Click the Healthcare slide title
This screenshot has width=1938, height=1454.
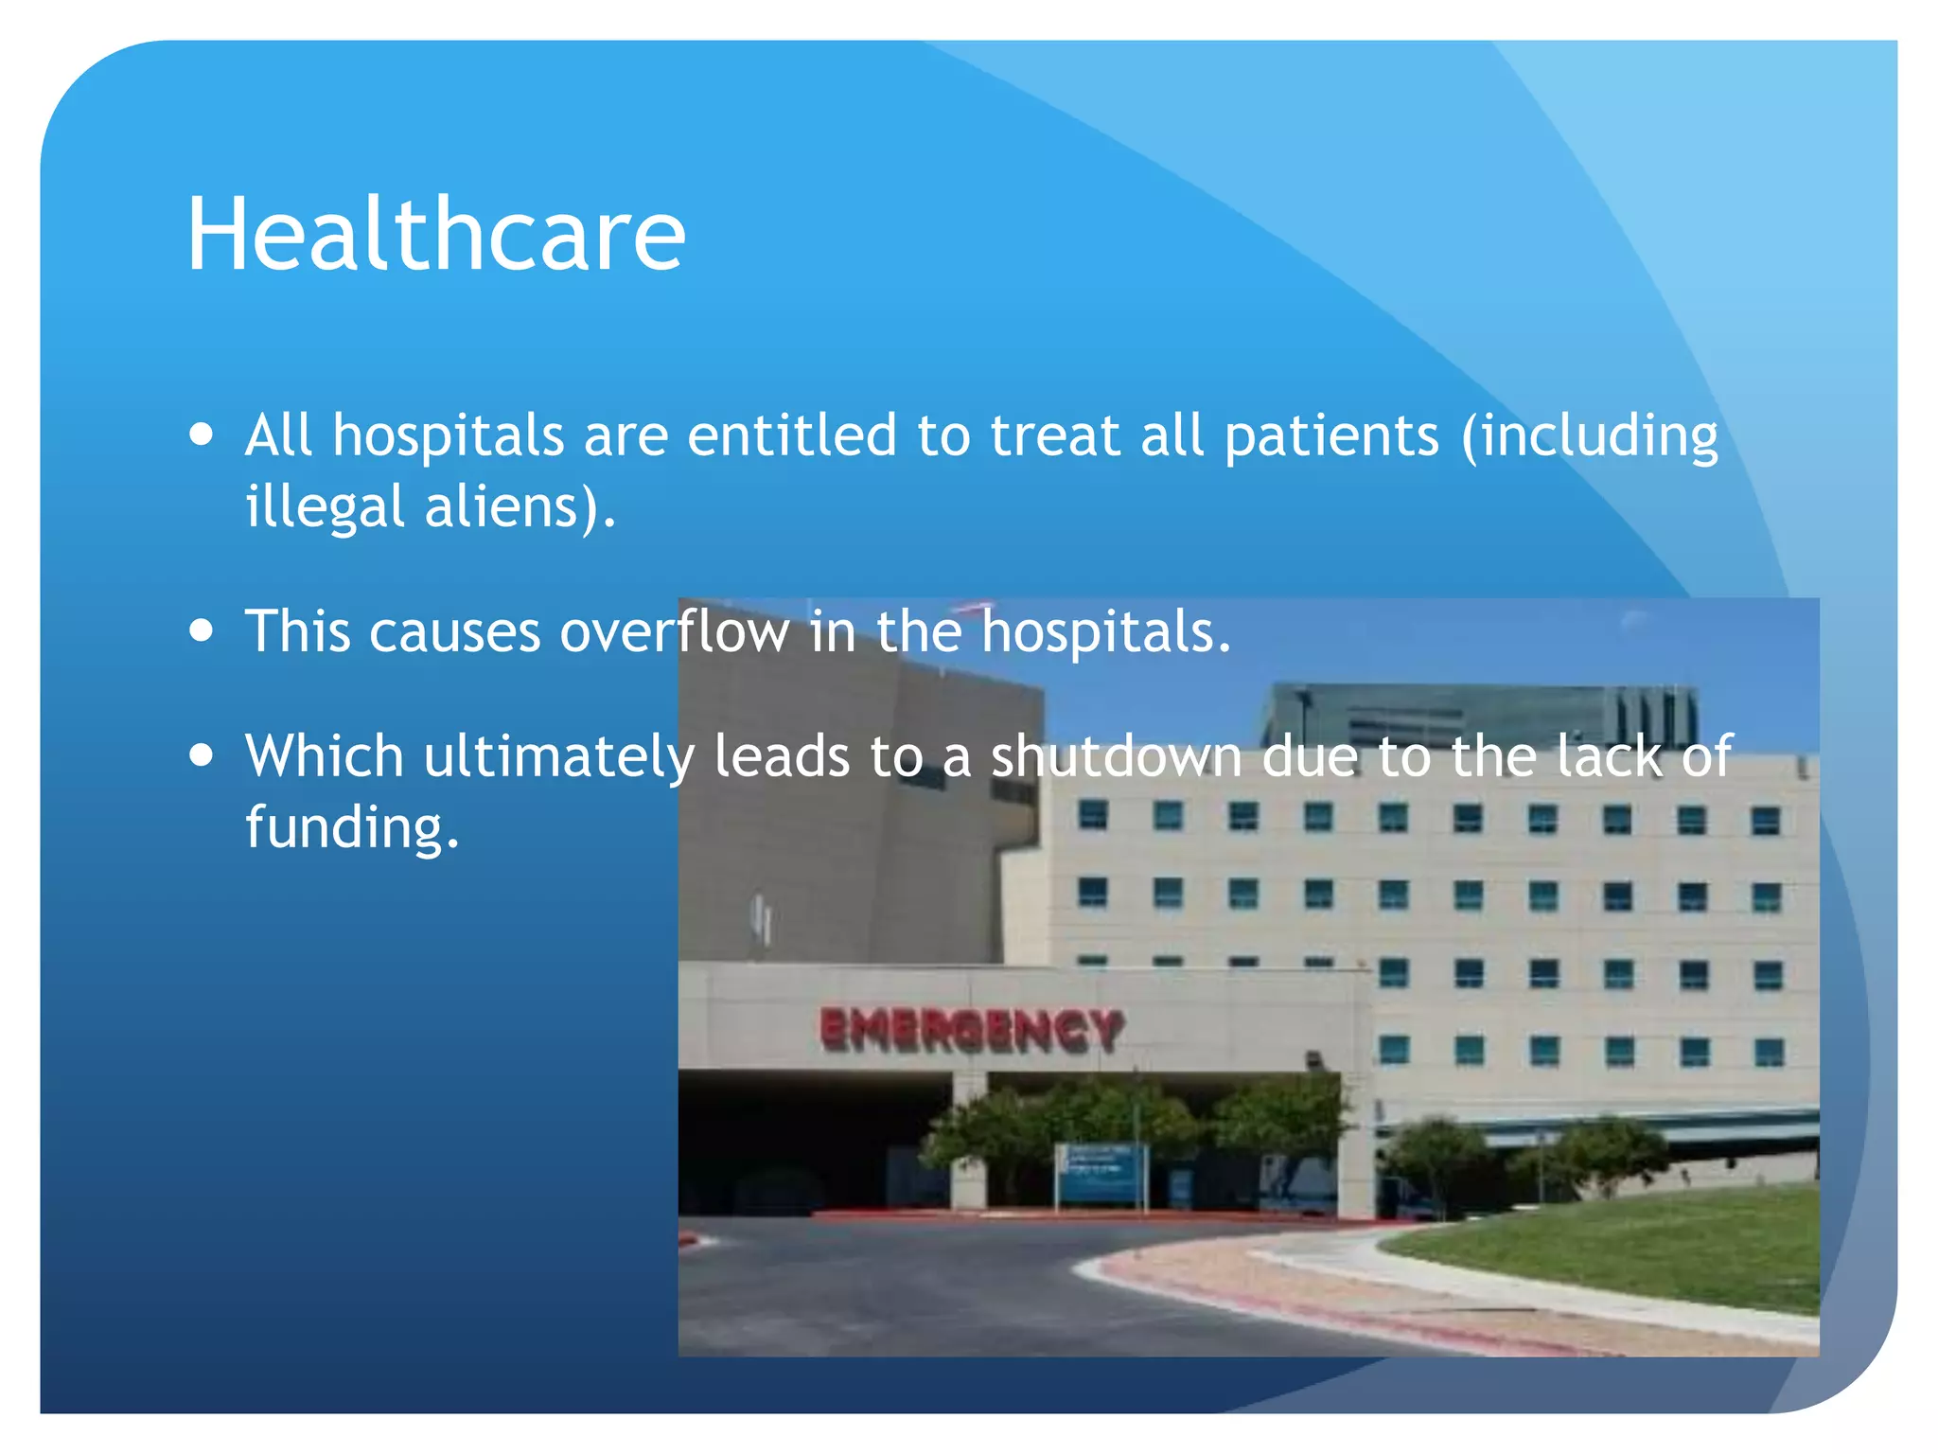coord(435,234)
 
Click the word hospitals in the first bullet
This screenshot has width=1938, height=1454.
coord(449,436)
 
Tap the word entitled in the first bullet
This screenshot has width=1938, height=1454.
coord(791,436)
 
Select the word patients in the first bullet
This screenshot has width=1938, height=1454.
coord(1331,436)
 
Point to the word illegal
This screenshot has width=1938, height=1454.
coord(325,507)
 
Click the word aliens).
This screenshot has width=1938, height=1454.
coord(520,507)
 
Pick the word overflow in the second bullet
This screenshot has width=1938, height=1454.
coord(674,631)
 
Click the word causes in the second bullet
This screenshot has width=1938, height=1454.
coord(454,631)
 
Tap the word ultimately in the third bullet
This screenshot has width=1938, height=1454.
coord(558,757)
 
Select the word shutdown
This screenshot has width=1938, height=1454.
coord(1116,757)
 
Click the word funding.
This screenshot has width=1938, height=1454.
coord(352,827)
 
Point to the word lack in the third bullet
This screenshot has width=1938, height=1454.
coord(1608,757)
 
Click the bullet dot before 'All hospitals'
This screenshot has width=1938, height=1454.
coord(201,435)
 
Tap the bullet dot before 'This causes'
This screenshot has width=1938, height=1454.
coord(201,630)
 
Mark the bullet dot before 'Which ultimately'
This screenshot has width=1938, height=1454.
coord(201,756)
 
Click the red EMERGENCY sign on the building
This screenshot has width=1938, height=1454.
coord(972,1030)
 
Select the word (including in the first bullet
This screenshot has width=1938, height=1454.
coord(1590,436)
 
